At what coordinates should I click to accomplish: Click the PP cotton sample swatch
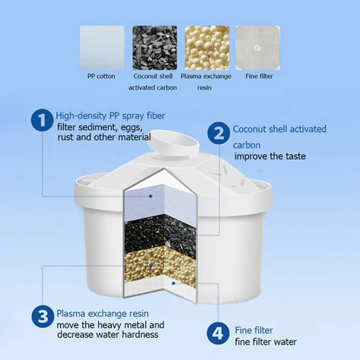coord(102,47)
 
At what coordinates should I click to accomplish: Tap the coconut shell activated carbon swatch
coord(154,47)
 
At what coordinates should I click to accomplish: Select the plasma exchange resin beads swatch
coord(207,47)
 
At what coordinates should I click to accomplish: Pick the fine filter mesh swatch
coord(259,47)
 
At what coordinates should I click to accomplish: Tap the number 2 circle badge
coord(219,134)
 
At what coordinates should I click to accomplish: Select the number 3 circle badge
coord(43,318)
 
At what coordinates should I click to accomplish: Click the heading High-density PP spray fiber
coord(110,116)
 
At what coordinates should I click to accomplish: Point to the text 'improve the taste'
coord(270,156)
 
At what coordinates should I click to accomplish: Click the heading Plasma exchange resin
coord(102,313)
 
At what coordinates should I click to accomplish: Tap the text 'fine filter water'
coord(265,342)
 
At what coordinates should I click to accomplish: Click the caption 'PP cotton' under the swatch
coord(101,76)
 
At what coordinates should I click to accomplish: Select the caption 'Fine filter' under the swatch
coord(259,76)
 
